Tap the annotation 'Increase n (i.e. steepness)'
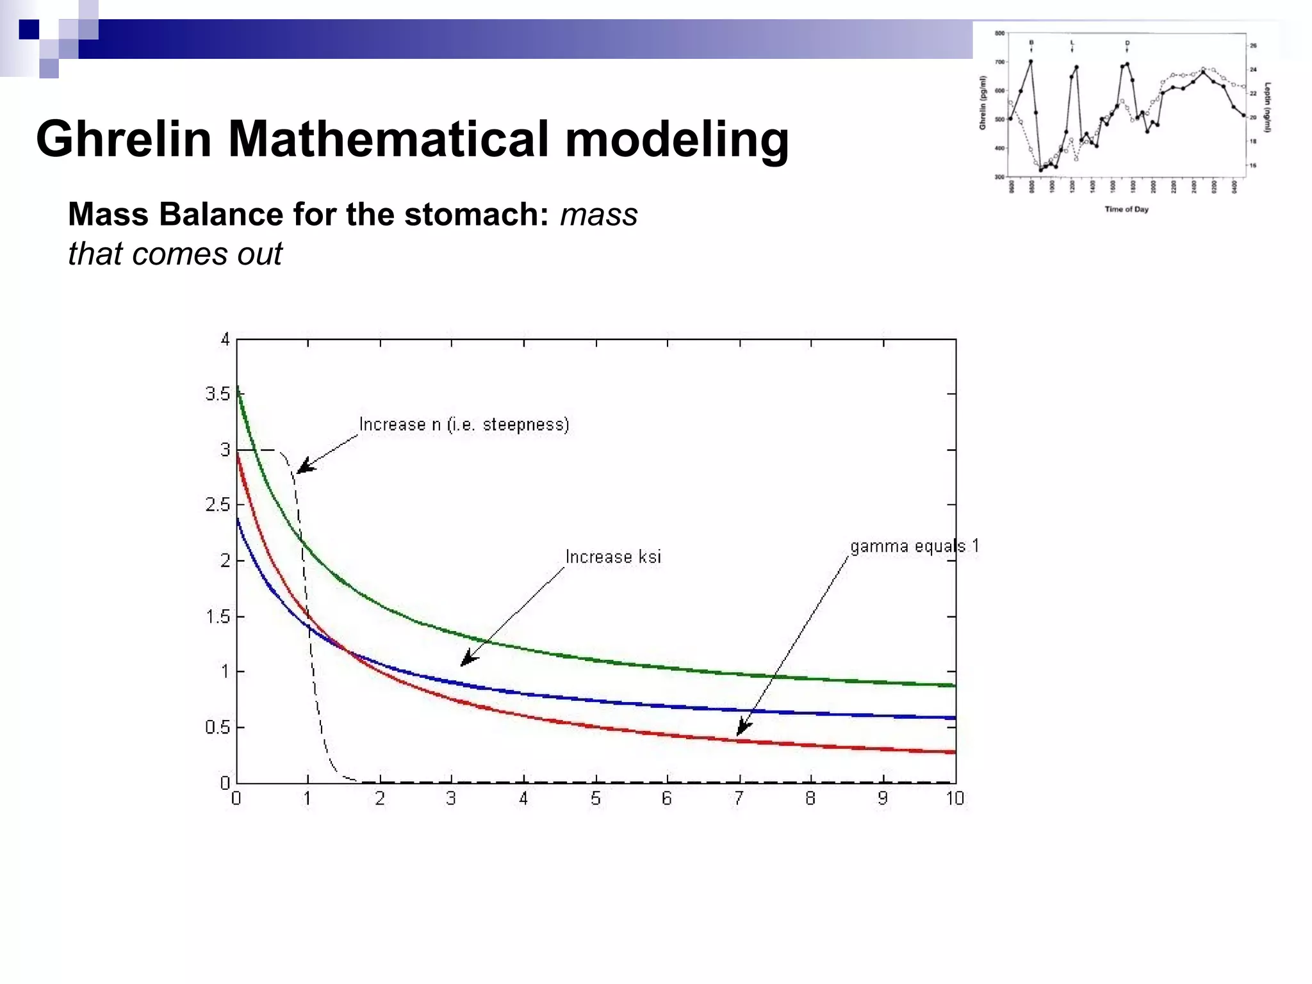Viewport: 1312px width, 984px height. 464,425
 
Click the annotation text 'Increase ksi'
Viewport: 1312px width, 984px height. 612,557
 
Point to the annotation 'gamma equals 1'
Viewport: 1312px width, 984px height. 914,546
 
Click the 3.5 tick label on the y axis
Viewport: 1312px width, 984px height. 217,394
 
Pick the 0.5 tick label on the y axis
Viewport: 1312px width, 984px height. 217,728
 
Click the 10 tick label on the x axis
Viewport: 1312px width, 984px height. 955,798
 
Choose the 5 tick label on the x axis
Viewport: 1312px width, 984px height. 596,798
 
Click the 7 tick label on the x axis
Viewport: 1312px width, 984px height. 739,798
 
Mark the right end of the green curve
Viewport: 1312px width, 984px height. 953,685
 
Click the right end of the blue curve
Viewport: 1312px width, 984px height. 953,718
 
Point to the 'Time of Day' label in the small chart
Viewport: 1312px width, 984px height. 1126,209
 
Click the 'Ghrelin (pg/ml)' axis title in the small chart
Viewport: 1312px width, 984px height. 982,102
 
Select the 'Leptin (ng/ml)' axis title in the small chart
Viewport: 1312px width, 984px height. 1268,107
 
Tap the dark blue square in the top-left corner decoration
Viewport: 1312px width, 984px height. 29,29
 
